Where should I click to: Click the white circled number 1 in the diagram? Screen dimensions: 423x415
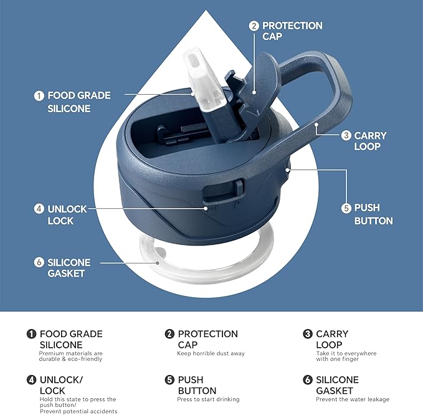[39, 96]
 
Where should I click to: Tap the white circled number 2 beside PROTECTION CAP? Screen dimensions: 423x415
[254, 26]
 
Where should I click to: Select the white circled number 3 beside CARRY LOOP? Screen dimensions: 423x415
[346, 135]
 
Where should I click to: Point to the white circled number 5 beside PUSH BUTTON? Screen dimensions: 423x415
[346, 208]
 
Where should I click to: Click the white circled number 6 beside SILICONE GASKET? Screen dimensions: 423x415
[39, 262]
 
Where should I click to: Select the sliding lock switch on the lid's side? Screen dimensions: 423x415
[239, 187]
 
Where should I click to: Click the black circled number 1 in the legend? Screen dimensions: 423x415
[31, 334]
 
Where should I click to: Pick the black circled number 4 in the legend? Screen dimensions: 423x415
[31, 380]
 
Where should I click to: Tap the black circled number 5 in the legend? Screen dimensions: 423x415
[169, 380]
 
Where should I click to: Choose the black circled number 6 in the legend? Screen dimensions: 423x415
[308, 380]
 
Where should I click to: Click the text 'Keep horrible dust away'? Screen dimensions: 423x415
[211, 353]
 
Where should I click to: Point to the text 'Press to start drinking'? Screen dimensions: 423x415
[208, 399]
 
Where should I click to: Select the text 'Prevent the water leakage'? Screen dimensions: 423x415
[353, 399]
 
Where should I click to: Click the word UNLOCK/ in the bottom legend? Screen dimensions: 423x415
[61, 380]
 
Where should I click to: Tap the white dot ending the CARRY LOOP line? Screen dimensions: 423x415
[316, 125]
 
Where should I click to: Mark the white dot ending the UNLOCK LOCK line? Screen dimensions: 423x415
[206, 208]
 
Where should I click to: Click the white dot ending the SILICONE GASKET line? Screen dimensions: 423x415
[157, 263]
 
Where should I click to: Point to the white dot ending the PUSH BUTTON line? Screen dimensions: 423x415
[288, 170]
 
